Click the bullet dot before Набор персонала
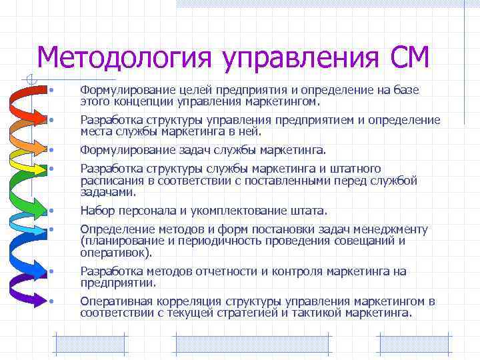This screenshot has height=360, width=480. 51,212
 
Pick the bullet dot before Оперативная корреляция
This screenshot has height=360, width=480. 51,301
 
